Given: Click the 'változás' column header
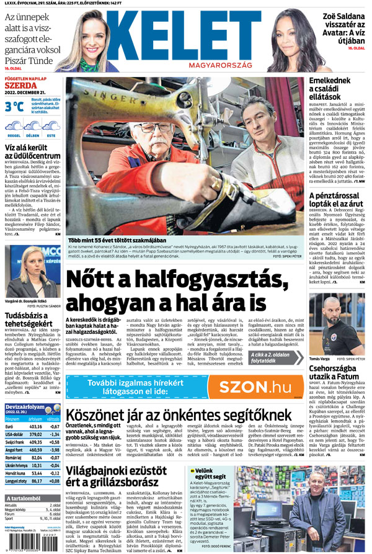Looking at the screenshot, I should (53, 418).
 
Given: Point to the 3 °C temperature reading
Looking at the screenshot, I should (14, 107).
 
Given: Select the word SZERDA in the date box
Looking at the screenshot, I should (18, 85).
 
